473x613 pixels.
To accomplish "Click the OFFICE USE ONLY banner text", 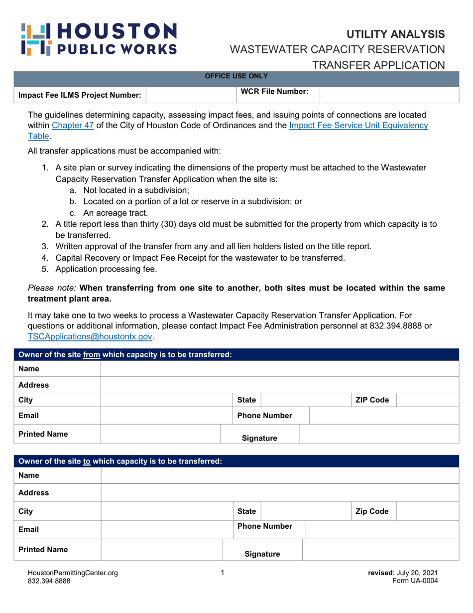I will [x=236, y=76].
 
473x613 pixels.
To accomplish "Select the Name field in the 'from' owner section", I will [x=279, y=370].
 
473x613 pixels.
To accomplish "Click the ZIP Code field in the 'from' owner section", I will [x=427, y=400].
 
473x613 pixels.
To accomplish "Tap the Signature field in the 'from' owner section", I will [x=378, y=434].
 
